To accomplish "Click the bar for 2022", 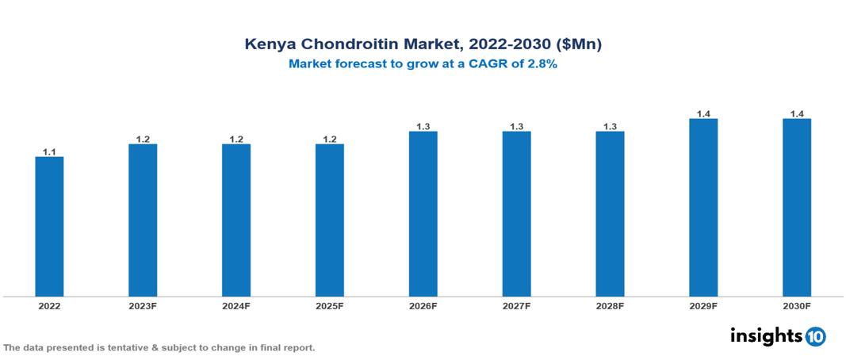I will pyautogui.click(x=49, y=227).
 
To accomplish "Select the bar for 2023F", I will pyautogui.click(x=143, y=220).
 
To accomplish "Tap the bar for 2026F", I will pyautogui.click(x=423, y=214).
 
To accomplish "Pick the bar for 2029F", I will pyautogui.click(x=702, y=208).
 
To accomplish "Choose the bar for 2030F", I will pyautogui.click(x=796, y=208).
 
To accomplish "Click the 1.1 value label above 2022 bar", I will pyautogui.click(x=49, y=151).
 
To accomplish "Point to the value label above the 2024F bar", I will pyautogui.click(x=236, y=139).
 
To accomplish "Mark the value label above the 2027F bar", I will pyautogui.click(x=516, y=126).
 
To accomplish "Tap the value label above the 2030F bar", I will pyautogui.click(x=796, y=113).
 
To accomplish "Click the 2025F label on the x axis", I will pyautogui.click(x=329, y=305).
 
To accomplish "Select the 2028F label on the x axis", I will pyautogui.click(x=610, y=305).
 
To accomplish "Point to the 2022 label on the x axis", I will pyautogui.click(x=49, y=305).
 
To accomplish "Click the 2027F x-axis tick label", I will pyautogui.click(x=516, y=305).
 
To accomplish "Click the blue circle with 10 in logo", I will pyautogui.click(x=815, y=337).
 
